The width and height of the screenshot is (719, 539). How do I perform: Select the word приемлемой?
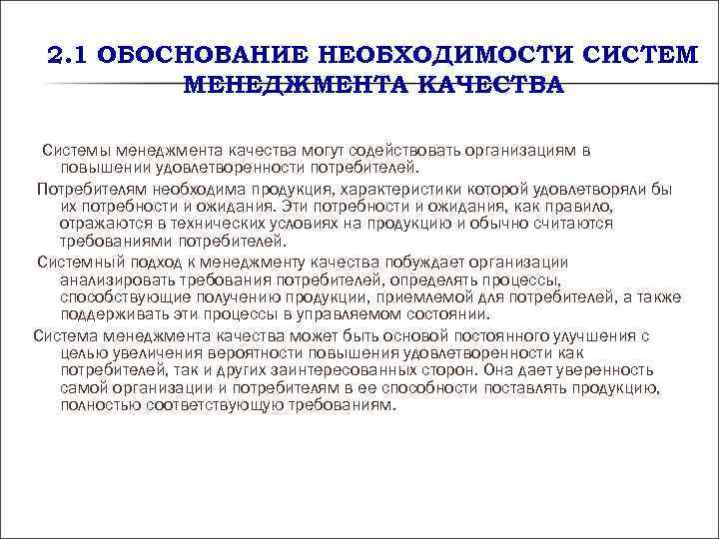[x=441, y=296]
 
